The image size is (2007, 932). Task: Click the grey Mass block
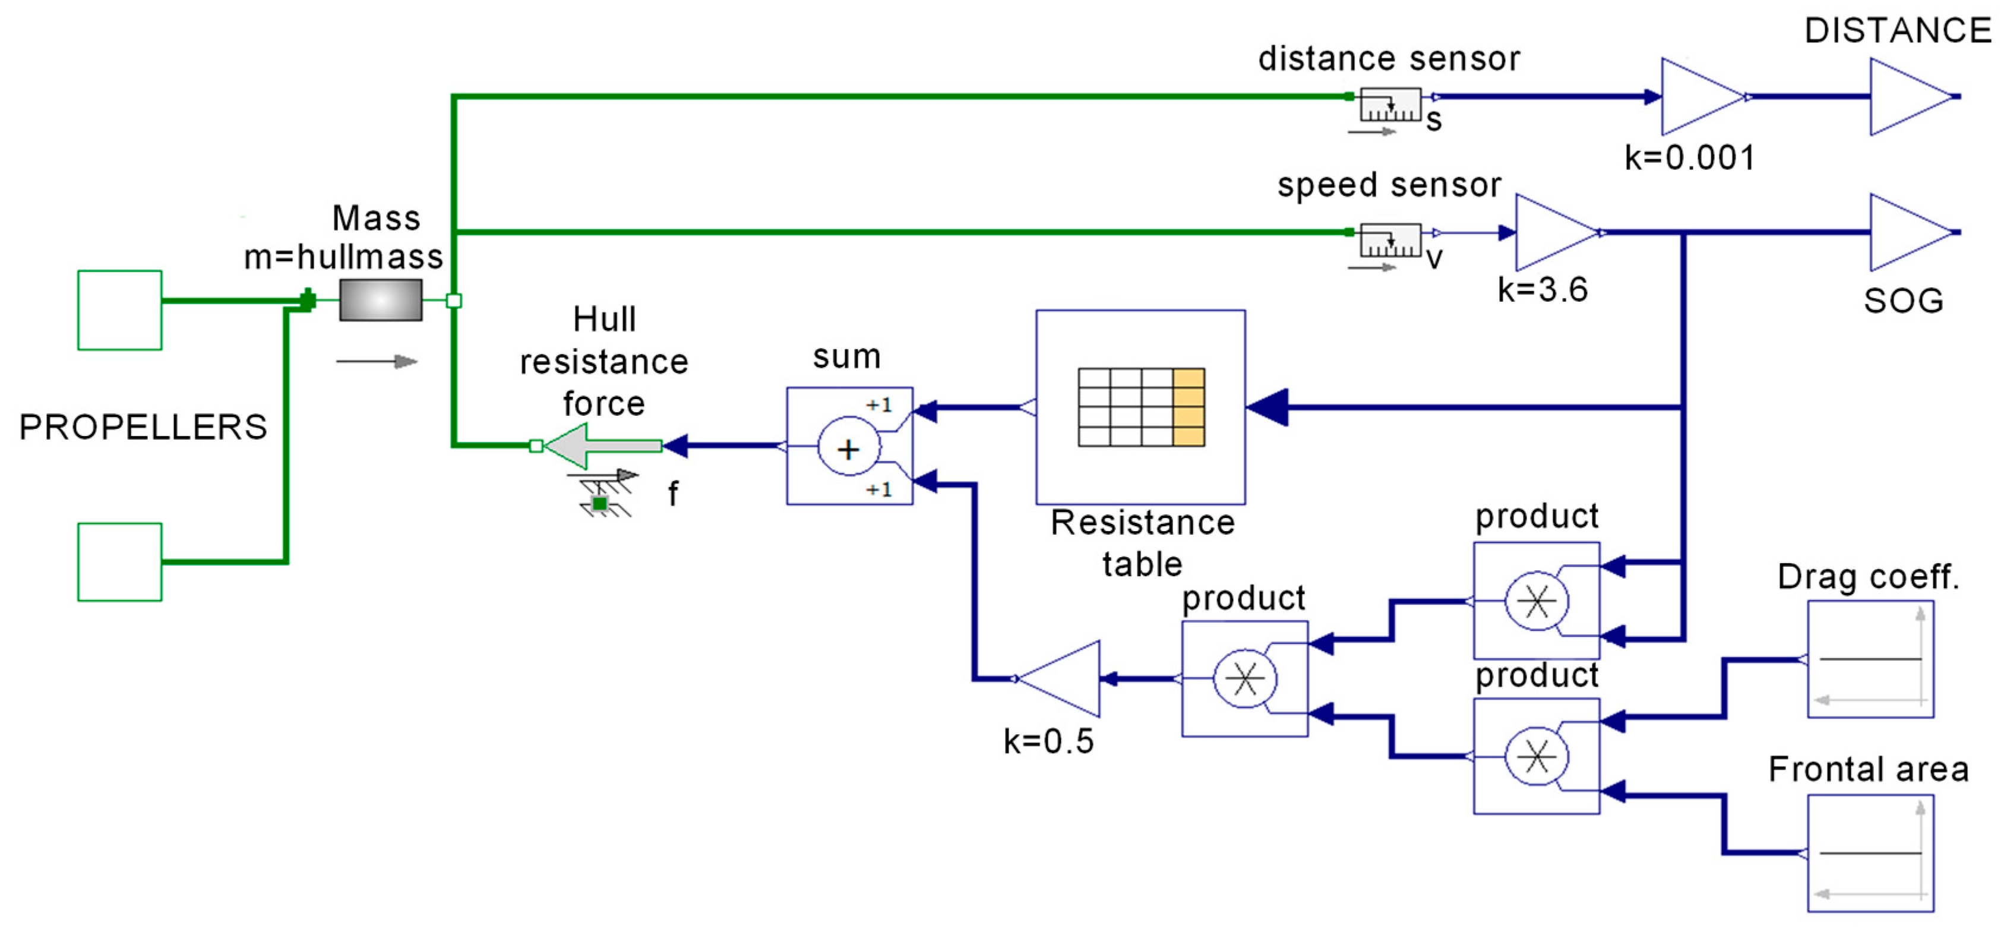[381, 300]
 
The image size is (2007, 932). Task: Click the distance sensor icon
[1390, 105]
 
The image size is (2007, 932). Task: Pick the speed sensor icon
[1390, 241]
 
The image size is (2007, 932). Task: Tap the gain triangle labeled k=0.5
[1059, 679]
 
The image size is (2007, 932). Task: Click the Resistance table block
[1140, 407]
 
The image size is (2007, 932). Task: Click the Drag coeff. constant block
[1870, 659]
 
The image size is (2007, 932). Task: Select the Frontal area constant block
[1870, 854]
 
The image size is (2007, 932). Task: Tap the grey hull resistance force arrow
[603, 446]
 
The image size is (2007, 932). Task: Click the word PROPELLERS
[143, 427]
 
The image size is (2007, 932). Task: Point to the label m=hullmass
[343, 257]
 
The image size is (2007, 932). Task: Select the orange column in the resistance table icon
[1188, 407]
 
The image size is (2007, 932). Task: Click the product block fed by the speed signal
[1537, 601]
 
